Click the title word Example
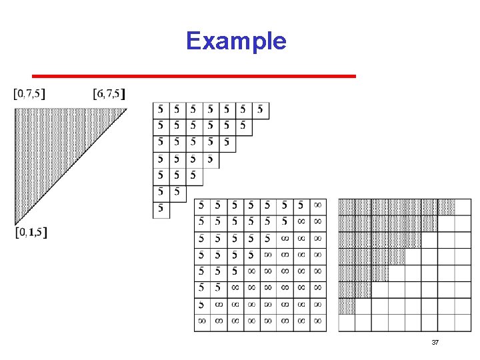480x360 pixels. [x=236, y=41]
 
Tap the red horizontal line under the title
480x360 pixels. [x=194, y=76]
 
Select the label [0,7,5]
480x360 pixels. [x=30, y=94]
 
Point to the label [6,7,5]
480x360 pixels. [x=110, y=94]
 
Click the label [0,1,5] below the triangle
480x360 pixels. [x=31, y=233]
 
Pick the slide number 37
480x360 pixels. [x=435, y=343]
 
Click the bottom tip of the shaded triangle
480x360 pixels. [x=15, y=223]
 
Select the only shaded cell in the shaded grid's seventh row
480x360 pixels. [x=347, y=306]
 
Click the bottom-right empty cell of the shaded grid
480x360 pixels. [x=463, y=323]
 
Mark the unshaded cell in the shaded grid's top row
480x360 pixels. [x=463, y=207]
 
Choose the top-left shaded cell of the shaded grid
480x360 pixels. [x=347, y=207]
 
